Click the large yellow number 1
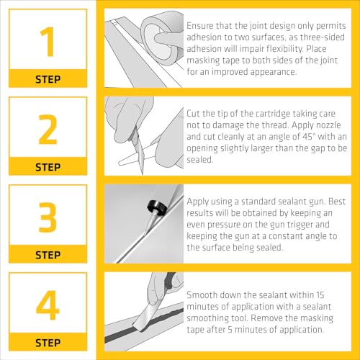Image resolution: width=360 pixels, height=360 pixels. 48,42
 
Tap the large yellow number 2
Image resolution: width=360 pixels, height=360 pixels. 48,130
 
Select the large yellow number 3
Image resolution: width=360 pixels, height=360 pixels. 48,217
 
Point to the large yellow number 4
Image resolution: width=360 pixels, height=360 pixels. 48,305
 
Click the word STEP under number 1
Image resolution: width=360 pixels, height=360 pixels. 48,79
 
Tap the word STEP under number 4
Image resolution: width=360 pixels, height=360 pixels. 48,343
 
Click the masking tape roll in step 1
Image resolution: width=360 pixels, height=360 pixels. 161,38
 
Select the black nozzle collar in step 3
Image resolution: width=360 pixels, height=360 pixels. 157,207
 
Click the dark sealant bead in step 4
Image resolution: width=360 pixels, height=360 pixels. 144,325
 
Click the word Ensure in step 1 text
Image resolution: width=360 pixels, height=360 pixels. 199,26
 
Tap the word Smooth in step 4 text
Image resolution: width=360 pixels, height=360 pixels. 202,294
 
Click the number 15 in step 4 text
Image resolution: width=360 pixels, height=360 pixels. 320,294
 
